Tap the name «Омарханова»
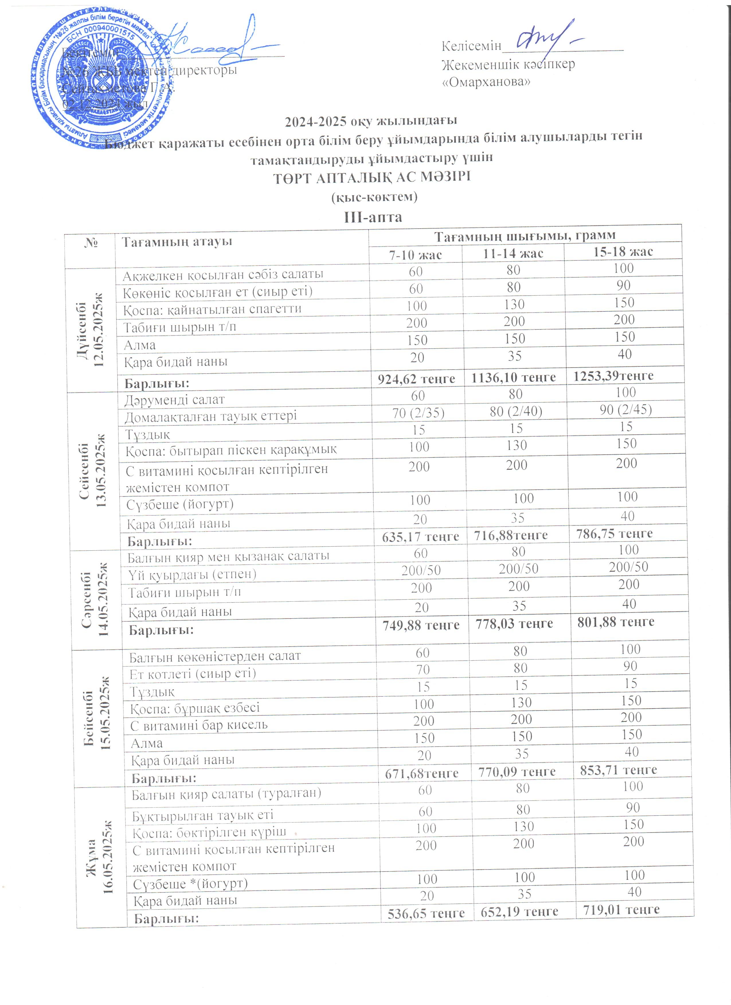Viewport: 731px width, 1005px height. [486, 82]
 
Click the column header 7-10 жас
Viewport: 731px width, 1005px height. [415, 255]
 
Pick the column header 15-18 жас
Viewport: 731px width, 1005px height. [623, 252]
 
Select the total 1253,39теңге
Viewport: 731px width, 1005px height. [613, 376]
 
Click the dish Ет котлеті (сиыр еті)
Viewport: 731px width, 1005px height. [193, 674]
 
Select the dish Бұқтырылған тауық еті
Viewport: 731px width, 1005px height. [203, 815]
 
